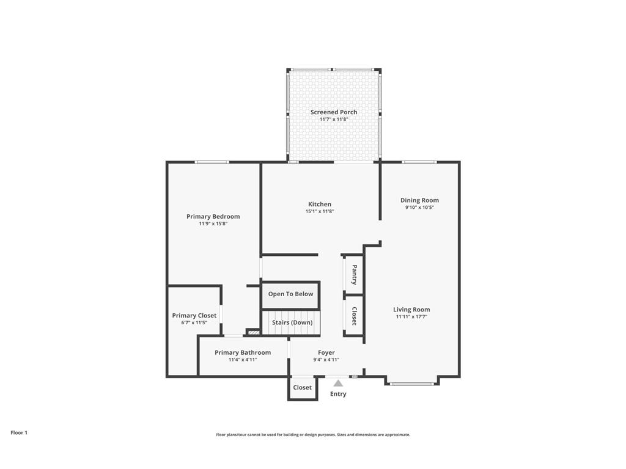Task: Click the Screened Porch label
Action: coord(334,112)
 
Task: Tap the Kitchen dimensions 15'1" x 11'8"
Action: coord(320,211)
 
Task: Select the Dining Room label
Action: coord(419,200)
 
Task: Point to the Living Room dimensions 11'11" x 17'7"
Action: coord(411,317)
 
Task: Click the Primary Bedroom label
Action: coord(213,217)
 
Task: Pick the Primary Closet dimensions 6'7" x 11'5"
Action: coord(194,322)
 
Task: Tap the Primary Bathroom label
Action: coord(243,352)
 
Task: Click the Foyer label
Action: coord(326,352)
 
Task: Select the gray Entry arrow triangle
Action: coord(338,383)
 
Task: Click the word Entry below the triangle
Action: coord(338,394)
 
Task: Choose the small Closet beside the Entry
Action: coord(302,388)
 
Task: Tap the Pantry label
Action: coord(354,274)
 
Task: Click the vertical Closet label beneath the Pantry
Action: coord(354,316)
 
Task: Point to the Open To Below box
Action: coord(290,294)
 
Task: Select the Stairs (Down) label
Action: coord(292,322)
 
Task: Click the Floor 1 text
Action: coord(19,432)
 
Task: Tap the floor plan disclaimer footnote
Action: coord(312,435)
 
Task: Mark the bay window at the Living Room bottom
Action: coord(413,384)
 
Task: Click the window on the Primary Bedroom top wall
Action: coord(212,162)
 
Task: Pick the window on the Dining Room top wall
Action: coord(419,162)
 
